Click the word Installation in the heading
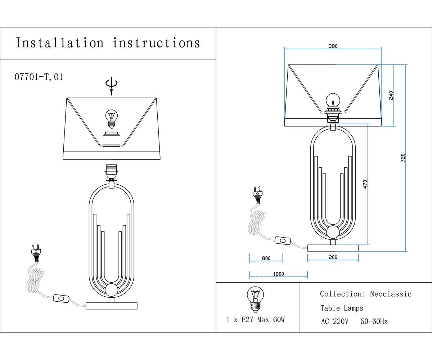coord(60,43)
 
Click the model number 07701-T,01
coord(39,77)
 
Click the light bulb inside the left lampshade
coord(111,118)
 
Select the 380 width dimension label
coord(333,46)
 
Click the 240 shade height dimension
coord(391,95)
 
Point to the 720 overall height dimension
coord(403,158)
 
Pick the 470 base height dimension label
coord(365,184)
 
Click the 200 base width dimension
coord(333,257)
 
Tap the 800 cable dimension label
coord(266,258)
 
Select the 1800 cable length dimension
coord(278,274)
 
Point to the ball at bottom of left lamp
coord(111,290)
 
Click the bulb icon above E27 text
coord(255,298)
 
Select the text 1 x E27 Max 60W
coord(256,320)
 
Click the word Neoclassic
coord(391,294)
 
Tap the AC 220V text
coord(334,321)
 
